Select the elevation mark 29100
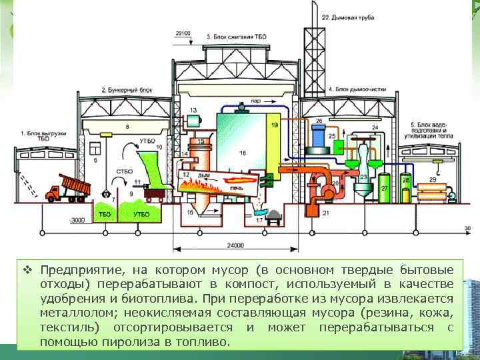coord(183,33)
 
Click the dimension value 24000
coord(234,246)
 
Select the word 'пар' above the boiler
coord(255,101)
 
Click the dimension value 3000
coord(78,220)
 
